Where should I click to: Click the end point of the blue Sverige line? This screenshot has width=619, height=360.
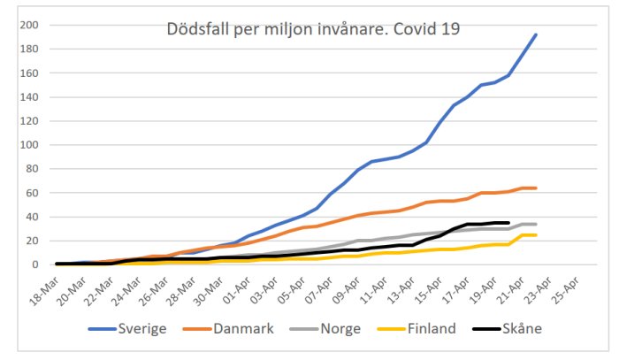click(x=536, y=34)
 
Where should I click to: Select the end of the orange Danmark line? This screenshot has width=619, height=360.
click(x=536, y=188)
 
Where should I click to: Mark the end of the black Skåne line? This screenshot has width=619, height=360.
click(x=508, y=223)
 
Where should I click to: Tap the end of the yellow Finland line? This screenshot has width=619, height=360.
click(x=536, y=234)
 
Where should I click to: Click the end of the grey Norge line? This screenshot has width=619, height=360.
click(x=536, y=224)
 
